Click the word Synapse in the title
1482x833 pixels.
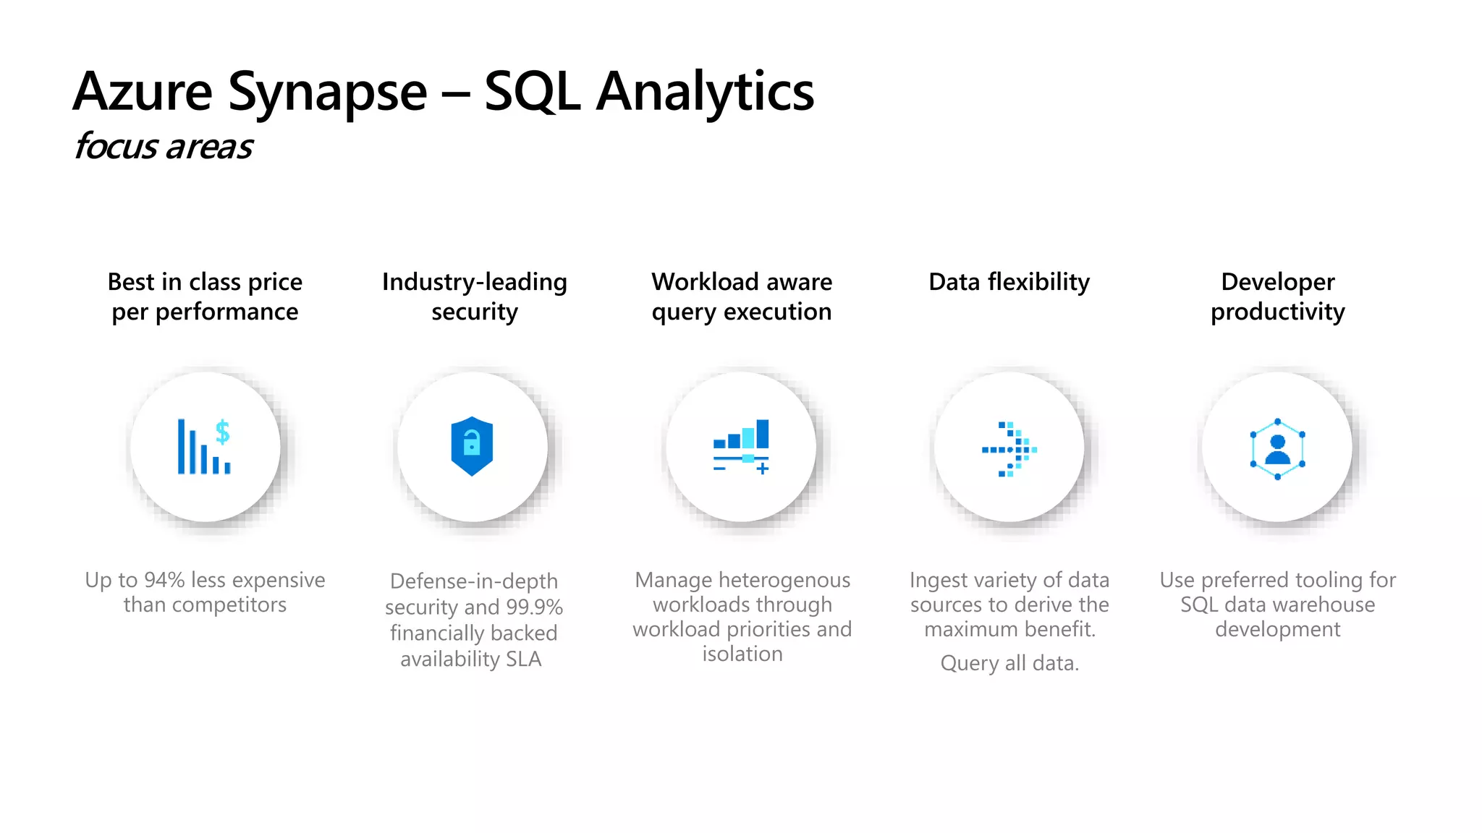click(327, 93)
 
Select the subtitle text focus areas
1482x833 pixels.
click(164, 147)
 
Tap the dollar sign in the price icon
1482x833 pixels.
click(223, 432)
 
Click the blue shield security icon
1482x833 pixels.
click(472, 446)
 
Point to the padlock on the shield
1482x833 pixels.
click(472, 443)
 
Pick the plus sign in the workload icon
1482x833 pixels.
click(762, 469)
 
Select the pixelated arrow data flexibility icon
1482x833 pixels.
click(1009, 449)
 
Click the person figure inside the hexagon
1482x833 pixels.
click(1277, 450)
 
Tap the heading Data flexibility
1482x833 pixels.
click(1009, 282)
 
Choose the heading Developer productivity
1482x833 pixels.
click(1277, 296)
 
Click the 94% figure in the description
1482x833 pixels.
click(164, 580)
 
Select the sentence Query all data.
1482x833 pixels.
click(1009, 663)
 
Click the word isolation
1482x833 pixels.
click(742, 654)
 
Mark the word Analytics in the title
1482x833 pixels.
click(705, 93)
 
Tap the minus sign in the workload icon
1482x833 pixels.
click(719, 469)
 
